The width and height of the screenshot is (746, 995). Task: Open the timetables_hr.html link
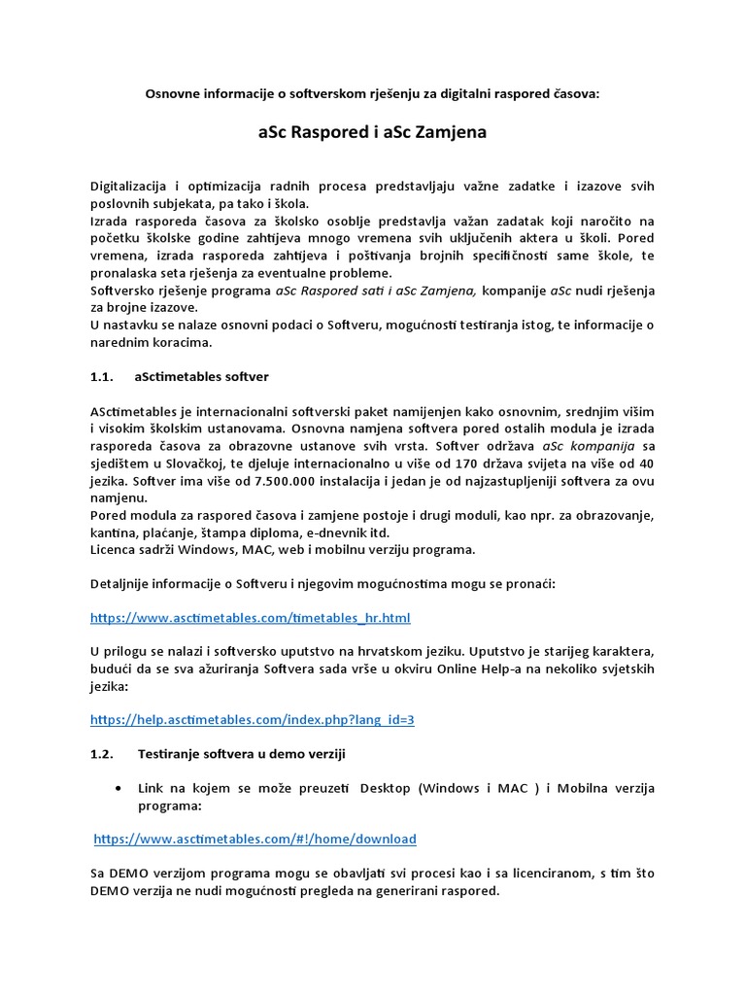(x=251, y=617)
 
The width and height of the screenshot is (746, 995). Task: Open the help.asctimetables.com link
(x=253, y=720)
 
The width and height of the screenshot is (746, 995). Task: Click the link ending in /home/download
(x=255, y=839)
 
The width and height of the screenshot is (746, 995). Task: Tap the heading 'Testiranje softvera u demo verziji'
(x=242, y=754)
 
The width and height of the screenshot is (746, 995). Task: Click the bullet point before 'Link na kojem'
(x=119, y=788)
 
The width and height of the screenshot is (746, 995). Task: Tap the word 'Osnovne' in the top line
(x=173, y=94)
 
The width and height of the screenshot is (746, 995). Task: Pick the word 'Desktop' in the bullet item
(x=386, y=788)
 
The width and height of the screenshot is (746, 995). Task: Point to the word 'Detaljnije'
(x=125, y=583)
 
